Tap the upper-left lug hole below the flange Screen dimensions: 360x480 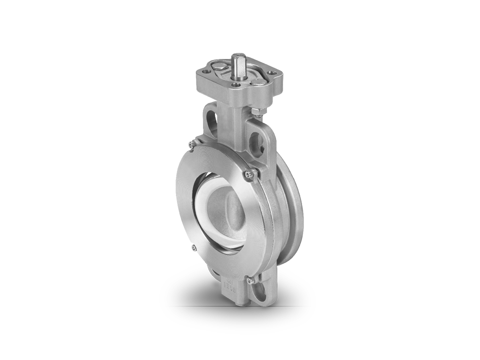[211, 120]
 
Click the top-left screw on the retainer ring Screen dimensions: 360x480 [191, 145]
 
